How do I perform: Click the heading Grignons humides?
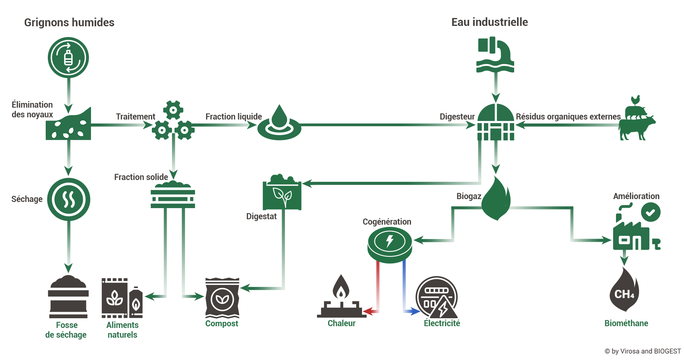(69, 22)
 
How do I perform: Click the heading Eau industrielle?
(489, 22)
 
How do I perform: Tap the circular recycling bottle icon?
(68, 58)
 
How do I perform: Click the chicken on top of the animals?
(635, 100)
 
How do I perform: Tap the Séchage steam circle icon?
(69, 199)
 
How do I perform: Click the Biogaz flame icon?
(496, 198)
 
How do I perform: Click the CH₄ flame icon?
(624, 289)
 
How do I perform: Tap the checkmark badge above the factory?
(651, 212)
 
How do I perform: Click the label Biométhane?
(626, 323)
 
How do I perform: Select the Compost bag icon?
(222, 297)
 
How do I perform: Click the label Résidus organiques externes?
(568, 117)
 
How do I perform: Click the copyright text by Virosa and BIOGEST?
(643, 351)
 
